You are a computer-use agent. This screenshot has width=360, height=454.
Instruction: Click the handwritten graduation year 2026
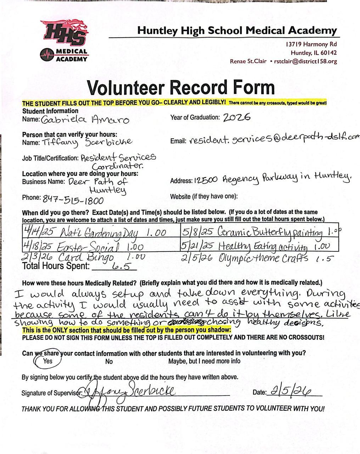pos(237,117)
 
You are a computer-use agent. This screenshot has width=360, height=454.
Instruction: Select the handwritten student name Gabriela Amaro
pos(85,120)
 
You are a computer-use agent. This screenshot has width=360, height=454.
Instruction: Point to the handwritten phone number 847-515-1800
pos(73,200)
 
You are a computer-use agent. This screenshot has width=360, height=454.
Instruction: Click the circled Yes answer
pos(47,361)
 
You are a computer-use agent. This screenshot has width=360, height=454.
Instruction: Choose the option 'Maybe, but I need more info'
pos(204,361)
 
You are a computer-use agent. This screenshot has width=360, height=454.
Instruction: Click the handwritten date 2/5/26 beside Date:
pos(291,391)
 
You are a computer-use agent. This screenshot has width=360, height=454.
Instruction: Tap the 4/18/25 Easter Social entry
pos(84,246)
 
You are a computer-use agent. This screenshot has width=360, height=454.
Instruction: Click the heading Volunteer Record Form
pos(181,87)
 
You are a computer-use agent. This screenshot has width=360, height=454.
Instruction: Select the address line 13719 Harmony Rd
pos(311,44)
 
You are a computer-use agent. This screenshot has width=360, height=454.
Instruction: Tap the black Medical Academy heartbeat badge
pos(64,55)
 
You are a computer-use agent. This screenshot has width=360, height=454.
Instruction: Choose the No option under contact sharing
pos(109,361)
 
